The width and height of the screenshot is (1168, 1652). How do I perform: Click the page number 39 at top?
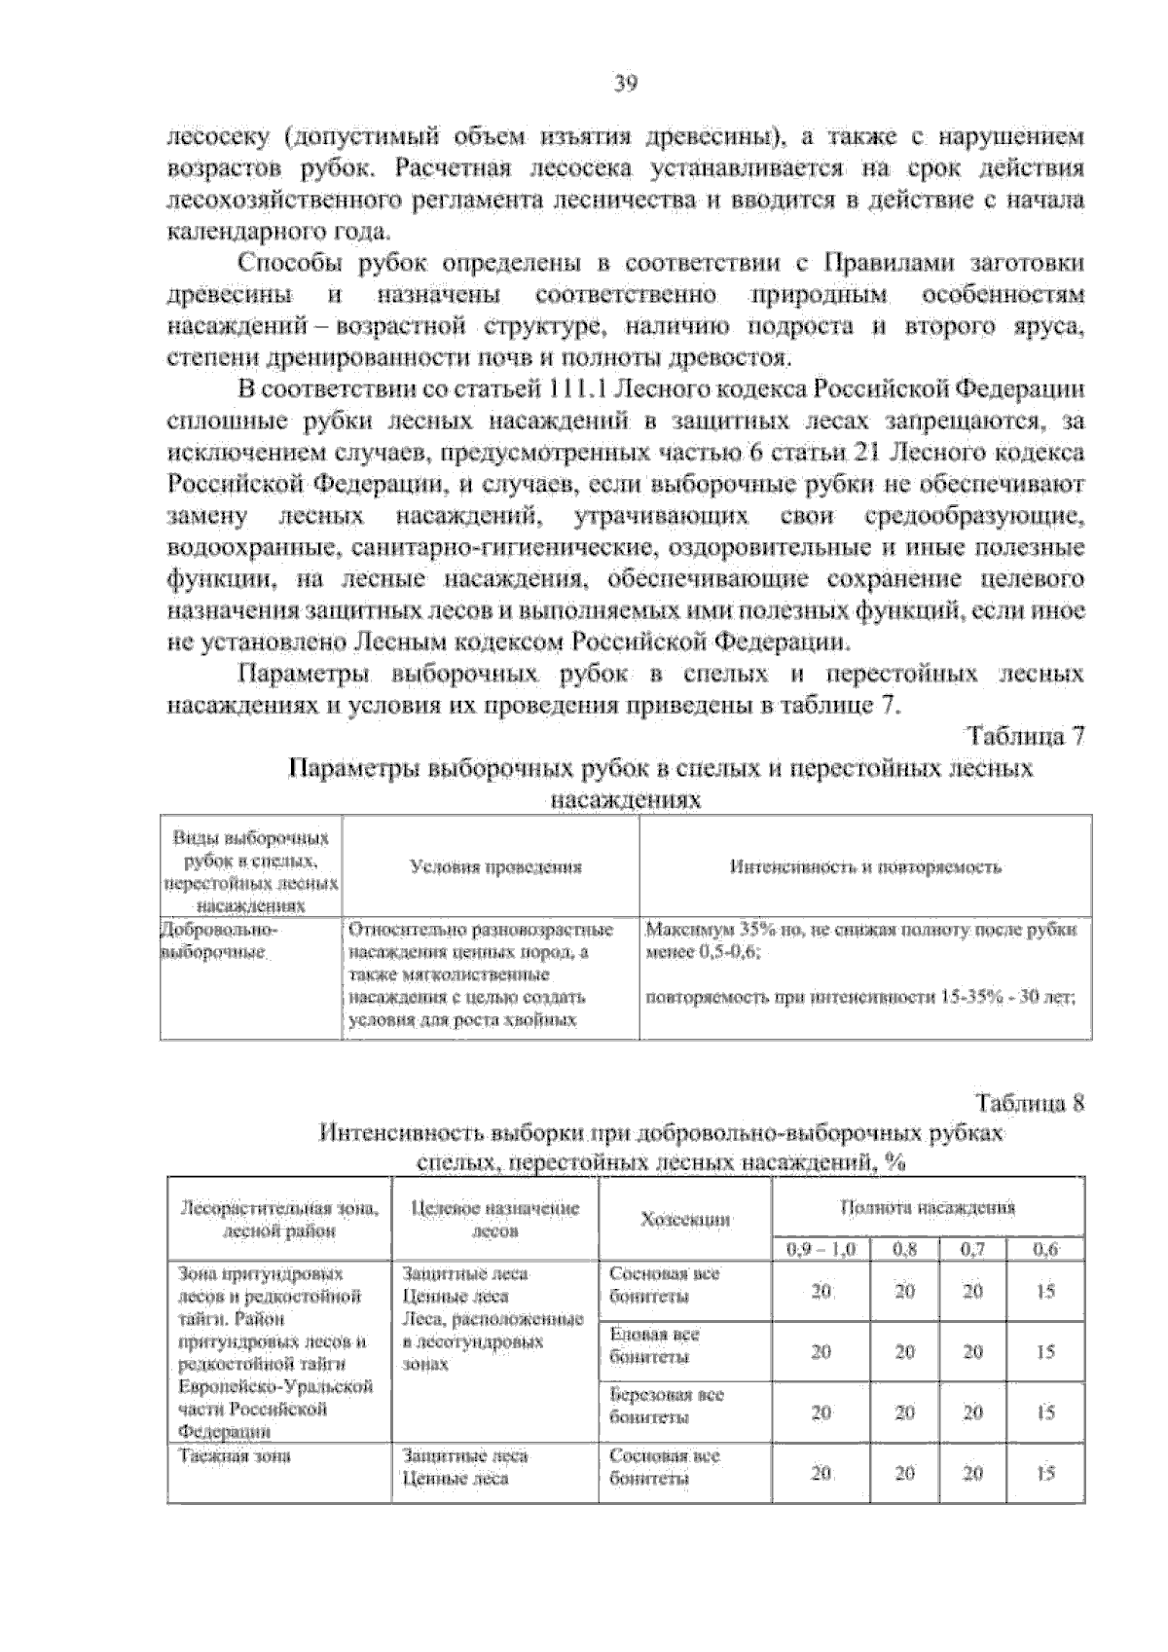625,84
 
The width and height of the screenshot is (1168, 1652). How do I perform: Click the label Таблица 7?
1025,736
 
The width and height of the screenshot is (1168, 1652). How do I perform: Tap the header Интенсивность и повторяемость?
865,866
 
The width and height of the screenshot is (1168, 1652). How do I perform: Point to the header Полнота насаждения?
928,1207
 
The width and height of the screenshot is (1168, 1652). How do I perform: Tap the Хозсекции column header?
685,1219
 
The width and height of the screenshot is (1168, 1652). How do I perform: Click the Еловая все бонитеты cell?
654,1345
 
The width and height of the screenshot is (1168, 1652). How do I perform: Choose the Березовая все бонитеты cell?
666,1406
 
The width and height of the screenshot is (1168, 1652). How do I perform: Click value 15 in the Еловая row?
1044,1352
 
